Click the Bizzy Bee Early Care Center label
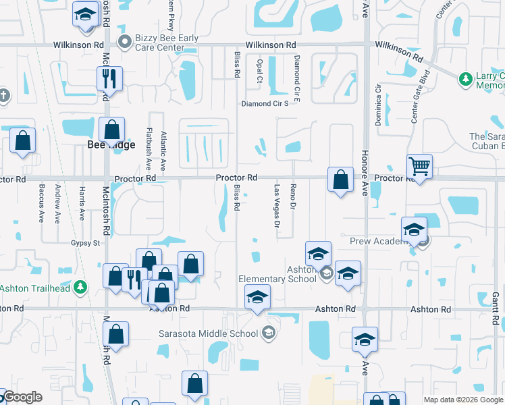point(167,43)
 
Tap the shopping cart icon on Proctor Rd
point(420,166)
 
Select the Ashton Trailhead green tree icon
point(80,288)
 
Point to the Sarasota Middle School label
point(208,333)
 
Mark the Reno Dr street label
point(293,196)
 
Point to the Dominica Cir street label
point(378,105)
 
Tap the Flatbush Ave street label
point(149,148)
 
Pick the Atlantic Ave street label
point(163,150)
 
